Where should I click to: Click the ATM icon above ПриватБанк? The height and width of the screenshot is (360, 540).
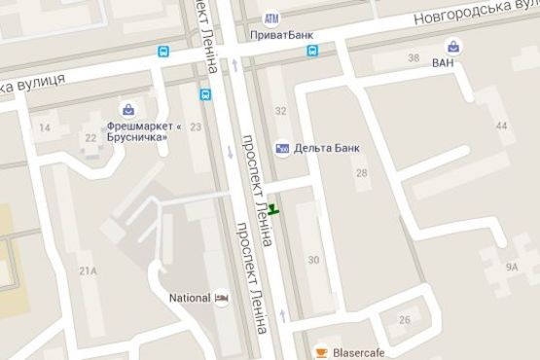point(271,18)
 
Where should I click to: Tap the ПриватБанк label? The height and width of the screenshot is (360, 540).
point(282,34)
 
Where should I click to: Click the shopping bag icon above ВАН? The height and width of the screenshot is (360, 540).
point(453,45)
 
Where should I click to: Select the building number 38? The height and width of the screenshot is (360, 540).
point(414,59)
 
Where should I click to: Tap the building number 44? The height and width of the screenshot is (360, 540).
point(501,126)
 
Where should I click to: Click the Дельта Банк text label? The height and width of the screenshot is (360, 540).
point(327,148)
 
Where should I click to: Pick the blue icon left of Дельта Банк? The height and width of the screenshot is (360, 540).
point(282,148)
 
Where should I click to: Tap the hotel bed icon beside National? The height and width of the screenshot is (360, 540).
point(223,298)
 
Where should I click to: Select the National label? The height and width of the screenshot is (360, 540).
point(190,298)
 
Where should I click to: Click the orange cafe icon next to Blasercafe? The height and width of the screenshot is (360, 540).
point(319,352)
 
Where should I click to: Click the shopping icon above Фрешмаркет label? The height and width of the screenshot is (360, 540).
point(126,108)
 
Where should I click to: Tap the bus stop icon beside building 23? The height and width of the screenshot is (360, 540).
point(205,95)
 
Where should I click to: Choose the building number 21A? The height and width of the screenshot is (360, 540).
point(90,270)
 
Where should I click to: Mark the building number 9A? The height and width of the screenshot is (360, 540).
point(512,265)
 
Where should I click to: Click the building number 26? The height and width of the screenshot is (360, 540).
point(405,320)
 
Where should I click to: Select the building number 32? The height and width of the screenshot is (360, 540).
point(281,111)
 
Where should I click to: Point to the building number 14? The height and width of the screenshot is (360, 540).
point(45,127)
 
